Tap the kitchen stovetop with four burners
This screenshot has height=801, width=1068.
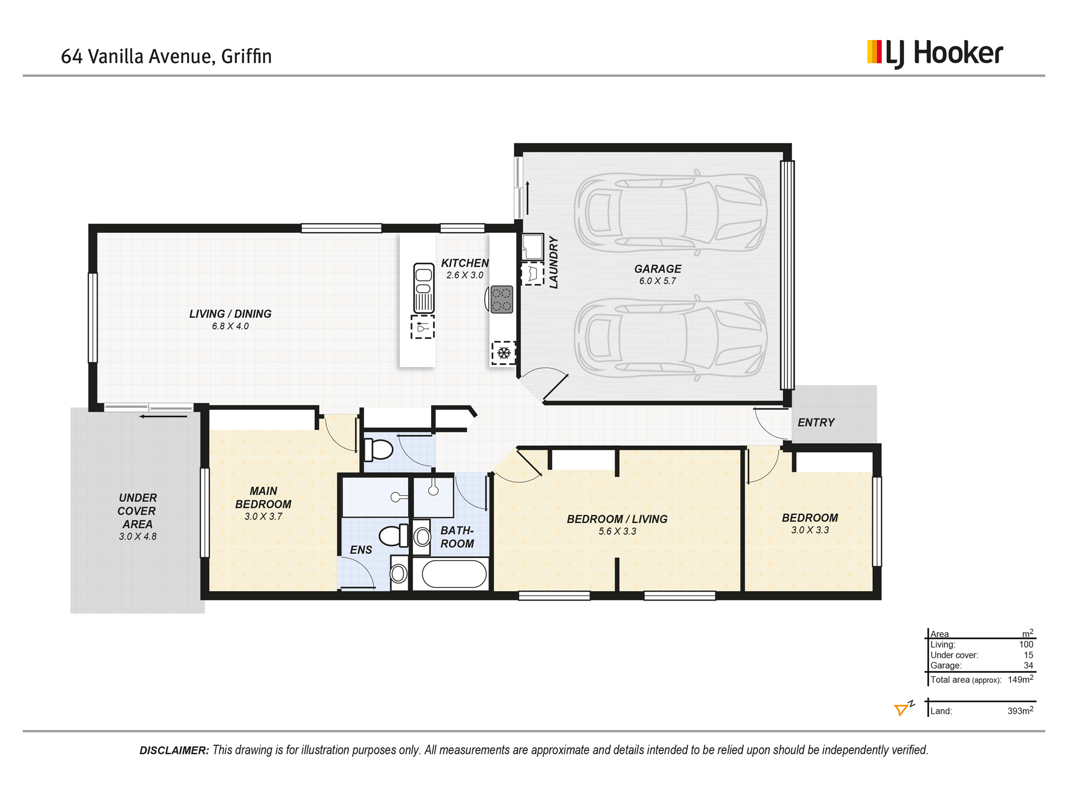pos(501,299)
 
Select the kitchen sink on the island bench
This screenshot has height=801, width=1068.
pos(424,288)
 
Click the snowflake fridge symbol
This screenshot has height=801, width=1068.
pos(504,352)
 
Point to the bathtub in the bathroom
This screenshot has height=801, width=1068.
pos(454,574)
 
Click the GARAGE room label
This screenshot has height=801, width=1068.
pos(658,269)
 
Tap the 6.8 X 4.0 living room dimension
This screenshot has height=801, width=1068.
pos(231,326)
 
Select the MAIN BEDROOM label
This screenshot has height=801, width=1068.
pos(263,498)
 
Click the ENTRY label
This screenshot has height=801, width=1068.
pos(816,422)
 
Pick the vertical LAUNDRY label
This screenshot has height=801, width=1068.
pos(554,262)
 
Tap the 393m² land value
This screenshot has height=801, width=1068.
pos(1020,710)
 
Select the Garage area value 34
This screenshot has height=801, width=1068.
pos(1028,665)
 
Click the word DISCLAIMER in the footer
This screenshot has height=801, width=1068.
pos(174,750)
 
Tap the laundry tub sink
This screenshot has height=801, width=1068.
pos(533,247)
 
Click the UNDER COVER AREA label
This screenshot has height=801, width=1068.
pos(138,511)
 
